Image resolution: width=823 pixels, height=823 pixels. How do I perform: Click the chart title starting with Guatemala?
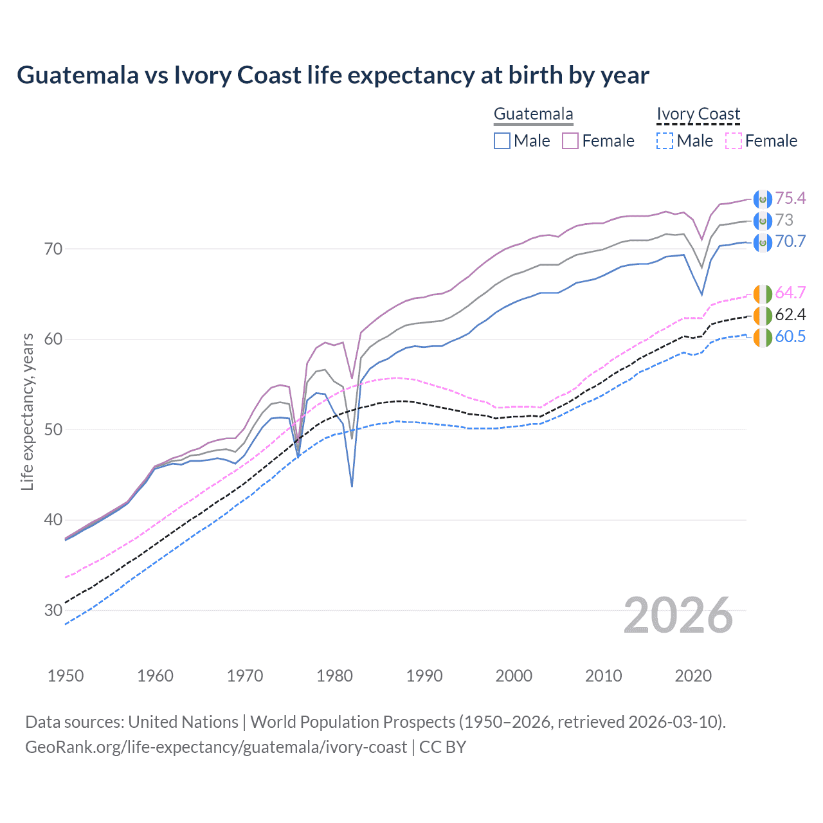coord(332,75)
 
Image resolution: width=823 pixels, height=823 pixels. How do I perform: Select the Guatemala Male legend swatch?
coord(502,141)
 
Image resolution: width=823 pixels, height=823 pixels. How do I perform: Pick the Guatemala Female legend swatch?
coord(571,141)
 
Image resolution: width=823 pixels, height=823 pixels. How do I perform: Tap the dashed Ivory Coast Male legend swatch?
coord(665,141)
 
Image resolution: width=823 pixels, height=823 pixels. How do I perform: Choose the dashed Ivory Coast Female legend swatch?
coord(734,141)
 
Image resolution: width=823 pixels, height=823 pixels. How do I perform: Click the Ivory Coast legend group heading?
coord(698,114)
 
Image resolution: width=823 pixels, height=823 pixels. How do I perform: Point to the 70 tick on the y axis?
coord(53,249)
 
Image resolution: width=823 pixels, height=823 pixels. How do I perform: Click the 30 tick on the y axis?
coord(53,610)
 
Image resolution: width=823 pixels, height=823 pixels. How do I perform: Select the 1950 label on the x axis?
coord(66,676)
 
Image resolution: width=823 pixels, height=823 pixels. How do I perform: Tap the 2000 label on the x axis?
coord(514,676)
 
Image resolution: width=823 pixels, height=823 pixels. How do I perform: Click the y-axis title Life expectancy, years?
coord(27,411)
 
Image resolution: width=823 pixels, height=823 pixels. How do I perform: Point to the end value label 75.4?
coord(790,198)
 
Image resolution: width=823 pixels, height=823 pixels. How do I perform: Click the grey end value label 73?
coord(784,220)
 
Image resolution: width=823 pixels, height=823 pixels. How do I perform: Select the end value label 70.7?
coord(790,241)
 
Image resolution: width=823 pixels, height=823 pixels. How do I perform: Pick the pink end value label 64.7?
coord(790,293)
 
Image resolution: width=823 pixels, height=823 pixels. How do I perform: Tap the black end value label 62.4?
coord(790,314)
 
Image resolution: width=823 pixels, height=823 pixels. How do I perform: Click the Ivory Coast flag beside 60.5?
coord(763,337)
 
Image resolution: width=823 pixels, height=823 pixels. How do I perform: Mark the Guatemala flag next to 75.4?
coord(763,199)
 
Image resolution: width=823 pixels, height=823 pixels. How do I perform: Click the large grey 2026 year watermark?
coord(678,615)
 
